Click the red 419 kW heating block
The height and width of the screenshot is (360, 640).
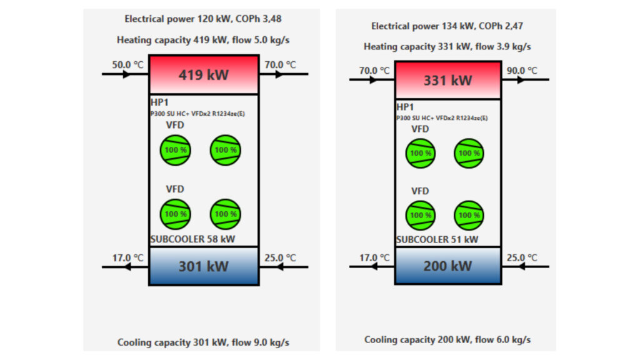pyautogui.click(x=204, y=74)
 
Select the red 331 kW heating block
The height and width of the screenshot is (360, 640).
pyautogui.click(x=448, y=80)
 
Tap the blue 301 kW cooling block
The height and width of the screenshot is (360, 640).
pyautogui.click(x=204, y=266)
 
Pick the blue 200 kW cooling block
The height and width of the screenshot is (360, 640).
pyautogui.click(x=448, y=266)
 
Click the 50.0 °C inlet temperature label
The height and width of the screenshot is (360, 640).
pyautogui.click(x=127, y=65)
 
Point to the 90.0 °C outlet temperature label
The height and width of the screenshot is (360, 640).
pyautogui.click(x=522, y=71)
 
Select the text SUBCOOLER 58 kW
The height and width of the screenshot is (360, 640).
pyautogui.click(x=192, y=239)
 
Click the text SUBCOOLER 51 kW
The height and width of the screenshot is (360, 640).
pyautogui.click(x=437, y=239)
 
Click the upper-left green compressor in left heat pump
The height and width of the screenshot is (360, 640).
pyautogui.click(x=176, y=150)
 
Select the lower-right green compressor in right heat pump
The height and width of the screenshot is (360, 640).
pyautogui.click(x=469, y=215)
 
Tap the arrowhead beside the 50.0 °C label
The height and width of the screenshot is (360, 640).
pyautogui.click(x=126, y=74)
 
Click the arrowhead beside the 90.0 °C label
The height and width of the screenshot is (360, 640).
pyautogui.click(x=521, y=79)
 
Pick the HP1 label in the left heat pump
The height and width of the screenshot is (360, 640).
pyautogui.click(x=159, y=102)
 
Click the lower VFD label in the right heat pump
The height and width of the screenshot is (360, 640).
pyautogui.click(x=420, y=191)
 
